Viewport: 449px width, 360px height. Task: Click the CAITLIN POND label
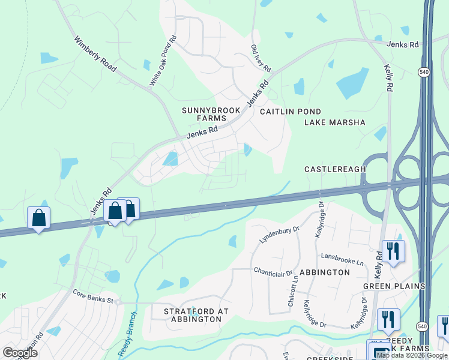[291, 112]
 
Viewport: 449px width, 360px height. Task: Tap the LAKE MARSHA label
[335, 122]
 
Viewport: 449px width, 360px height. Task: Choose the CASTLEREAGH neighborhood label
[335, 169]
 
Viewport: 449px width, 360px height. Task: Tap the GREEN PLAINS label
[394, 286]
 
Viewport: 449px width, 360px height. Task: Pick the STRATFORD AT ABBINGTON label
[193, 315]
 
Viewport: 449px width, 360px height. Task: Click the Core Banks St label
[92, 298]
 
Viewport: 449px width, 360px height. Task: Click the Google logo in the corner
[20, 352]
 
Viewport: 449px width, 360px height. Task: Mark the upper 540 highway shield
[423, 71]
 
